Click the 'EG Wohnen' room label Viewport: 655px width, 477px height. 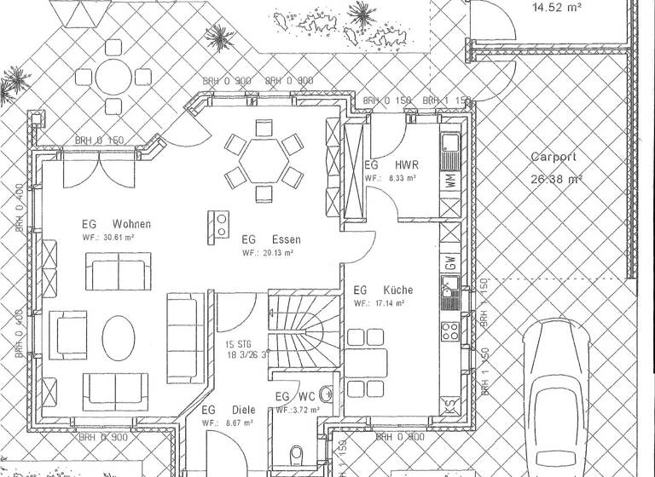(117, 224)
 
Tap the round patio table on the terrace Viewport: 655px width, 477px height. (111, 76)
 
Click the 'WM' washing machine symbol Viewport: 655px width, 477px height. (451, 181)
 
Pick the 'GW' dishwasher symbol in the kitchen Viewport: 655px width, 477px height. (451, 263)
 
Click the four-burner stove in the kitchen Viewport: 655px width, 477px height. (451, 330)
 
